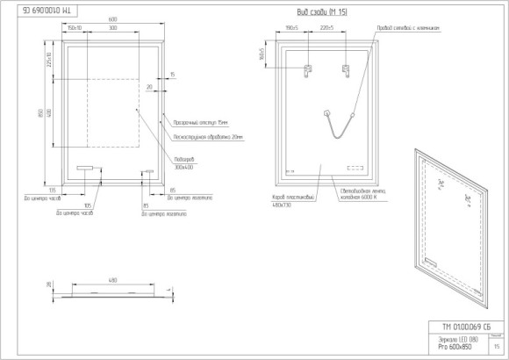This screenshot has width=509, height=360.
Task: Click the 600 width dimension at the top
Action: coord(112,19)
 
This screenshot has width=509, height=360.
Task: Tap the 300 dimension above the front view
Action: coord(113,28)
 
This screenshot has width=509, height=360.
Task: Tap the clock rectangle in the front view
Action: coord(85,169)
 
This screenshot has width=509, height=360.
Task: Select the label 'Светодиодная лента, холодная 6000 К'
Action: coord(362,195)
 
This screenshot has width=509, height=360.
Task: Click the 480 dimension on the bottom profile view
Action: coord(112,281)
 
